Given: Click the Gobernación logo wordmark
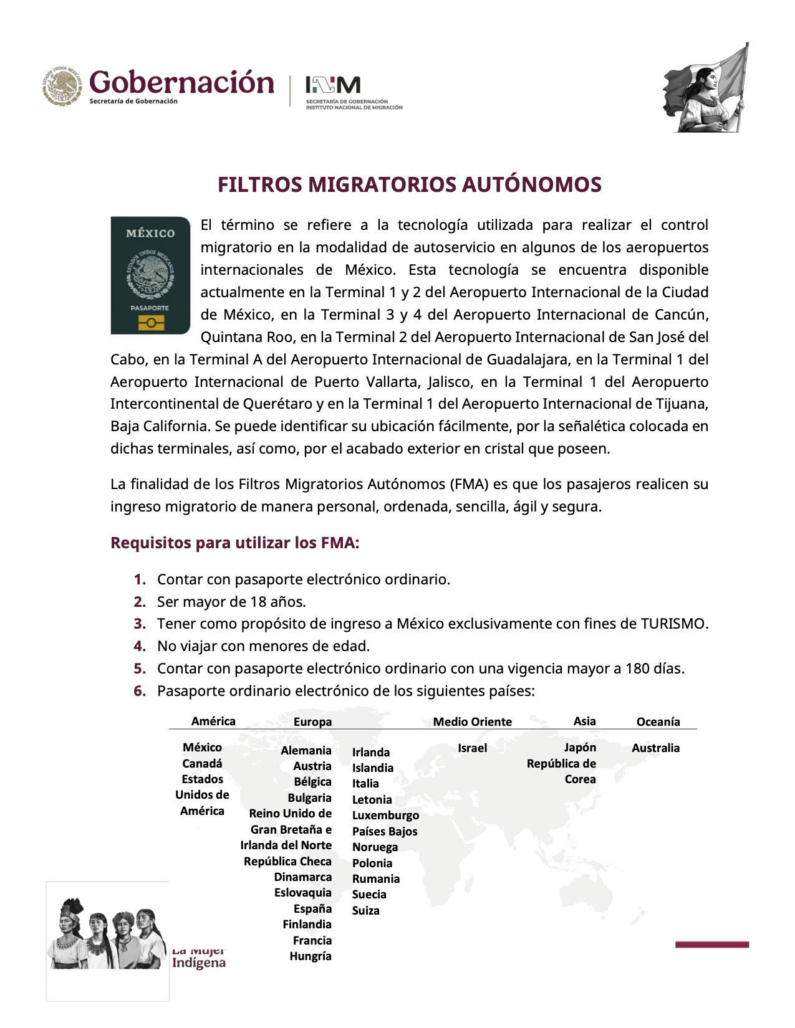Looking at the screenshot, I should click(181, 82).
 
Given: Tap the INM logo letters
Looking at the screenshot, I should click(333, 85).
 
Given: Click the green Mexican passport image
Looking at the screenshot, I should click(150, 275).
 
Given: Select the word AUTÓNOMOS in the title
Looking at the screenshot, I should click(532, 184).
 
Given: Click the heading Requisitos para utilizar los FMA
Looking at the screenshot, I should click(235, 543).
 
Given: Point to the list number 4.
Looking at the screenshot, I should click(140, 646).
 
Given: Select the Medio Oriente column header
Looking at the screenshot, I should click(472, 721).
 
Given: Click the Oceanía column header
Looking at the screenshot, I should click(658, 721).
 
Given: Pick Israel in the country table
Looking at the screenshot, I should click(472, 748).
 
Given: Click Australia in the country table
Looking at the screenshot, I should click(655, 748).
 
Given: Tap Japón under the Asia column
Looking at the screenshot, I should click(580, 747).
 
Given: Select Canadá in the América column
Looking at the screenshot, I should click(202, 763).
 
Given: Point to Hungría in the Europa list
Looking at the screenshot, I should click(310, 956).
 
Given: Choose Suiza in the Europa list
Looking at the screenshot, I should click(365, 910).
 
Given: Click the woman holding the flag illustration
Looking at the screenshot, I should click(707, 88).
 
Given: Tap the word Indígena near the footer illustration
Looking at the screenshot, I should click(199, 963).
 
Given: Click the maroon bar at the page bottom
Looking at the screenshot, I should click(711, 945).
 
